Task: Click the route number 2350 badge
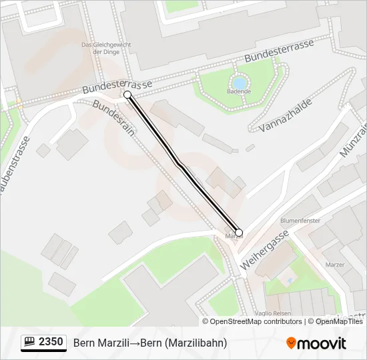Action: (x=51, y=342)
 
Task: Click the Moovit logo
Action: (x=316, y=343)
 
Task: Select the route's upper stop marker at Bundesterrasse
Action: (x=127, y=95)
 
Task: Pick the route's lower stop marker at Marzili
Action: (x=239, y=233)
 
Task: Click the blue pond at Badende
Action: (x=239, y=83)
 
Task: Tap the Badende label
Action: (x=238, y=91)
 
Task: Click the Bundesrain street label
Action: (x=114, y=118)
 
